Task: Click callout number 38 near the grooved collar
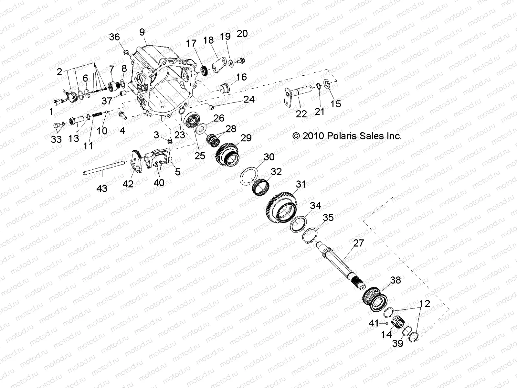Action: tap(396, 280)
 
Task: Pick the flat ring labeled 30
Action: tap(251, 175)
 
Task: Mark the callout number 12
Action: tap(425, 304)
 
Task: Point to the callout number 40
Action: tap(159, 183)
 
